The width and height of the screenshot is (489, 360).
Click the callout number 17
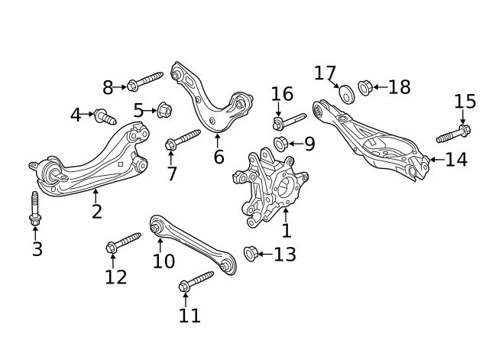click(325, 73)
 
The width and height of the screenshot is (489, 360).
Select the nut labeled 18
click(365, 88)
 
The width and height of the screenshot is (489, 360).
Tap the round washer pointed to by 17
click(346, 93)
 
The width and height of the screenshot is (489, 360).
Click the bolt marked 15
click(454, 134)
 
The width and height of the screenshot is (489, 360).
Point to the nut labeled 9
click(280, 144)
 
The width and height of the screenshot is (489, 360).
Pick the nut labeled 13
click(251, 254)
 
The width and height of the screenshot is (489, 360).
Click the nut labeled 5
click(164, 110)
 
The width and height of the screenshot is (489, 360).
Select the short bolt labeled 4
click(105, 117)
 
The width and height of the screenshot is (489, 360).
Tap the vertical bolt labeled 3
click(35, 209)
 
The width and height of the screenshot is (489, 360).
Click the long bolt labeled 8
click(145, 81)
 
